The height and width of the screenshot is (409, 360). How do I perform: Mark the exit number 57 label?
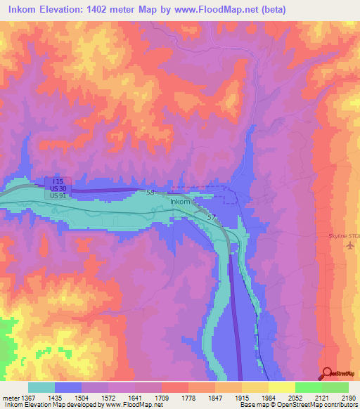212,219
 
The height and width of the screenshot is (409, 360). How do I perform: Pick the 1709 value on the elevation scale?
161,398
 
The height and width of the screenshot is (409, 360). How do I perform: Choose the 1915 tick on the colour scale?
241,398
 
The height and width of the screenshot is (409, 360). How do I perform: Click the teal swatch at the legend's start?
41,387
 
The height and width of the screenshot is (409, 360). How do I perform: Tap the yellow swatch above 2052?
281,387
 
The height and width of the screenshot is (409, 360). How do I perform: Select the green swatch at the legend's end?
335,387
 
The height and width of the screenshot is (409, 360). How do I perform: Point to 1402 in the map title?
103,10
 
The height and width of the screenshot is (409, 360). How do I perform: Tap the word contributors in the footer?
339,405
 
